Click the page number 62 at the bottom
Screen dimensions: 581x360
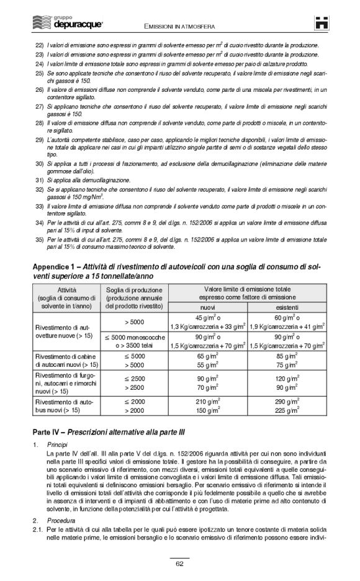coord(179,563)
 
